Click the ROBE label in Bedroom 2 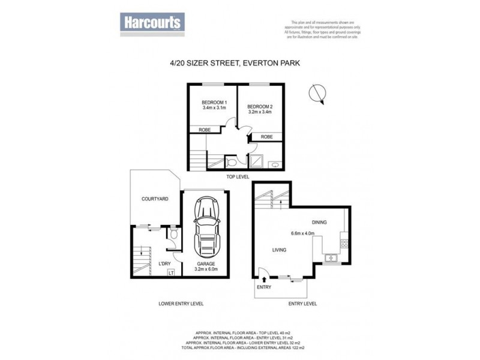click(267, 137)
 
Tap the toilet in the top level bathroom click(232, 161)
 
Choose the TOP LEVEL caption click(239, 178)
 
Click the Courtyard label click(154, 199)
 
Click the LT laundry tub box click(171, 274)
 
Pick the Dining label click(319, 223)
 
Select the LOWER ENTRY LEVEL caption click(181, 304)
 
